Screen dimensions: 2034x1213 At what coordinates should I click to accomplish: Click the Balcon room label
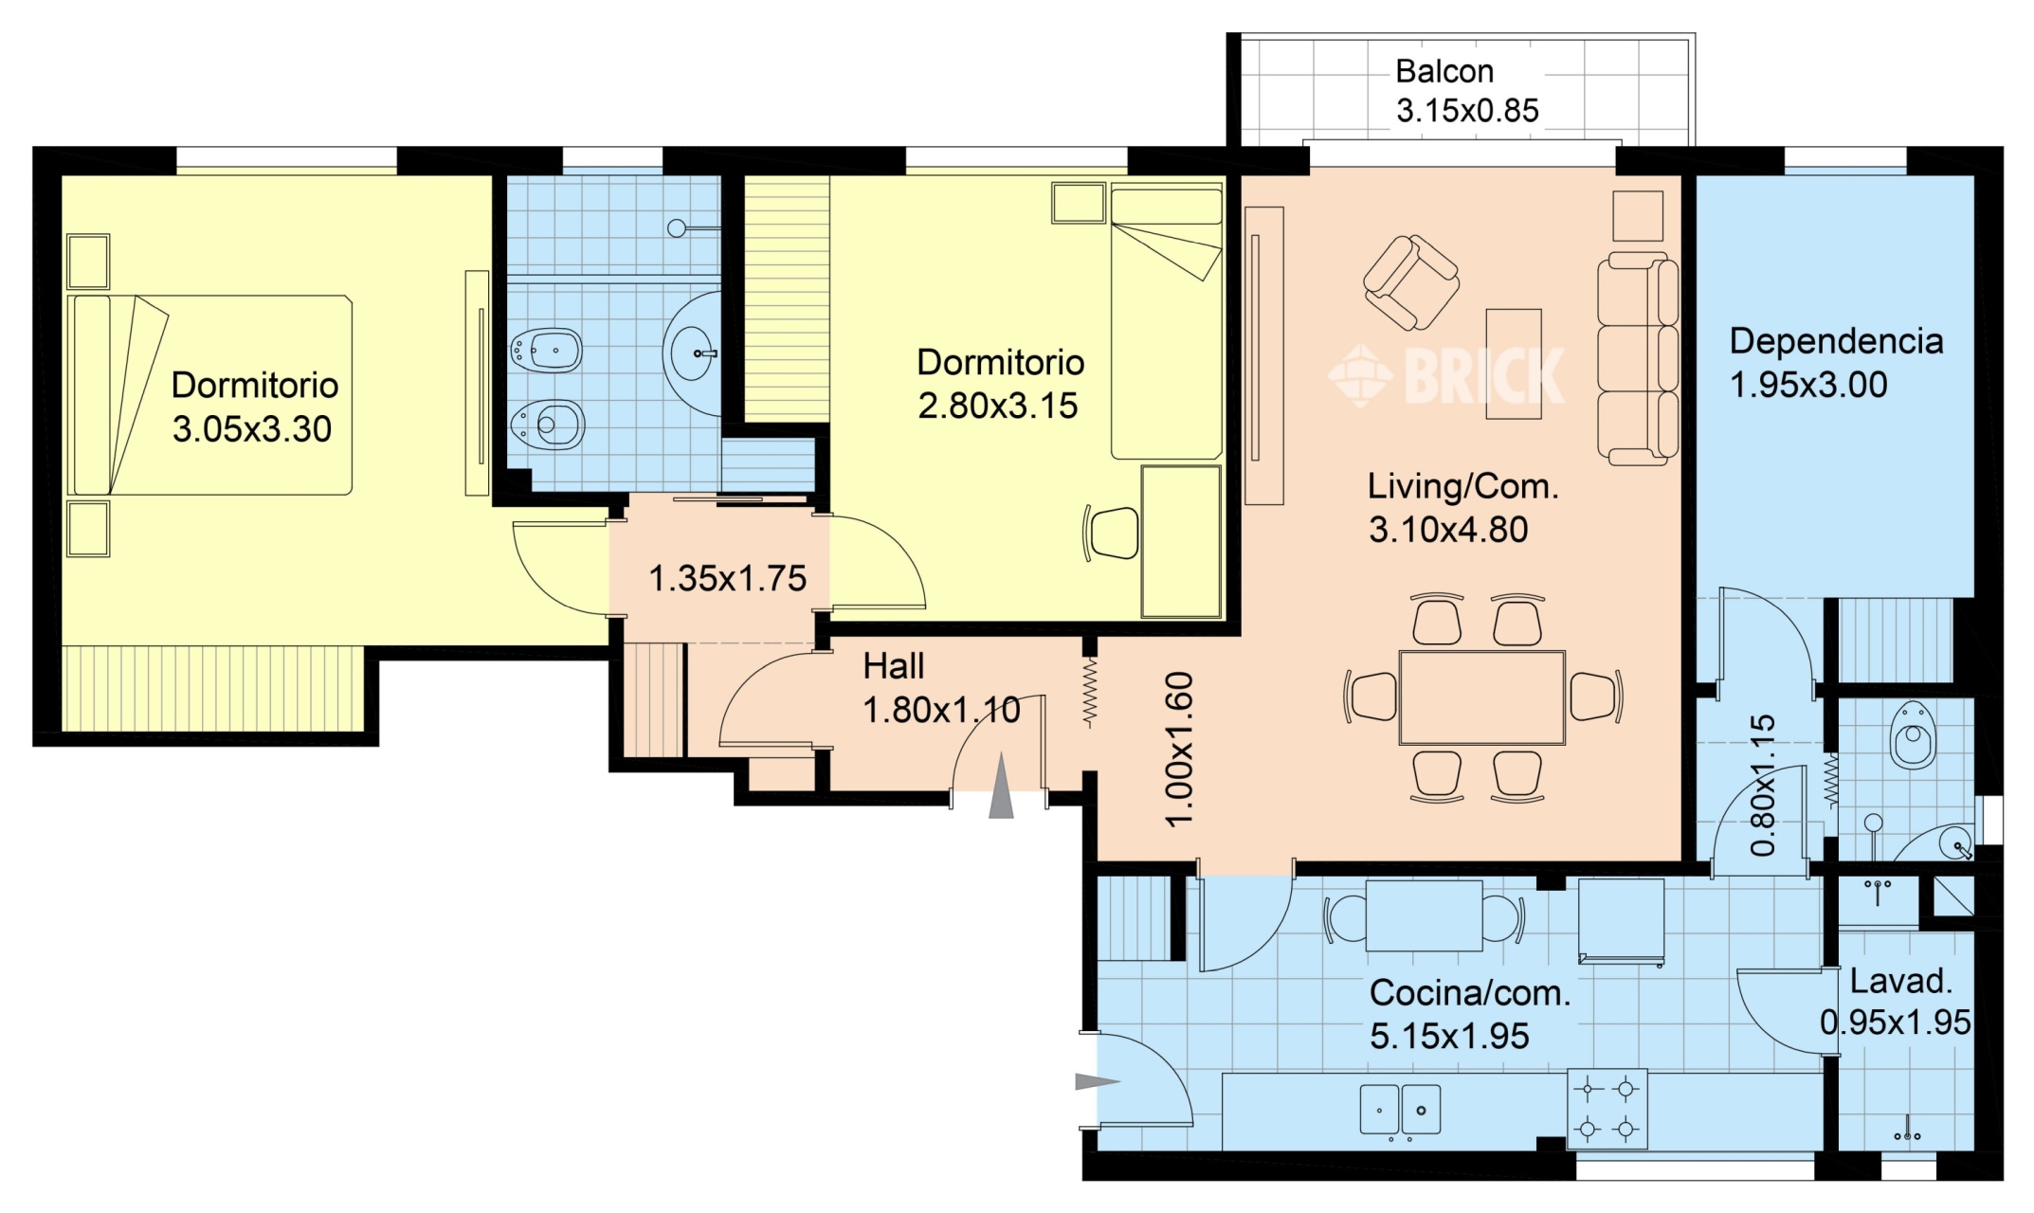tap(1444, 72)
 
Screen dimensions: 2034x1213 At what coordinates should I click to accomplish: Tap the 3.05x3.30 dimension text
tap(252, 429)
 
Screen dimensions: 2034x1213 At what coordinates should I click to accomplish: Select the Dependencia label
tap(1836, 341)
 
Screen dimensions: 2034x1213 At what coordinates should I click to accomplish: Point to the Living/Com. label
tap(1462, 487)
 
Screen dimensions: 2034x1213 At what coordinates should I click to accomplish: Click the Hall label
tap(893, 666)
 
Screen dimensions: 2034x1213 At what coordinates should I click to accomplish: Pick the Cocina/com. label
tap(1470, 993)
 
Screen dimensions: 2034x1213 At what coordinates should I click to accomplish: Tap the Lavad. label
tap(1900, 981)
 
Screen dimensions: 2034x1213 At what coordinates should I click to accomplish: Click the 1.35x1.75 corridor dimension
tap(727, 578)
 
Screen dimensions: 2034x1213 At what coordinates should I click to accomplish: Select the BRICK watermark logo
tap(1445, 375)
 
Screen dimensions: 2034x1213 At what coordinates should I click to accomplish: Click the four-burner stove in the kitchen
tap(1607, 1109)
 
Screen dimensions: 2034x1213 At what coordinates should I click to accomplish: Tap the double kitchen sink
tap(1400, 1109)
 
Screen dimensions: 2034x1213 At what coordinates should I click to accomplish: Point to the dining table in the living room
tap(1481, 697)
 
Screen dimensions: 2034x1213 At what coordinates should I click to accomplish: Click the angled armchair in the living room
tap(1410, 281)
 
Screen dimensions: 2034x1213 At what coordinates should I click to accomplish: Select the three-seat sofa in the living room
tap(1638, 359)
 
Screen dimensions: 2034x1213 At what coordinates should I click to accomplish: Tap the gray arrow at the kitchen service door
tap(1098, 1081)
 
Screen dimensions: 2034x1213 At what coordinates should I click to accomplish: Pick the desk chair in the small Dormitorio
tap(1110, 534)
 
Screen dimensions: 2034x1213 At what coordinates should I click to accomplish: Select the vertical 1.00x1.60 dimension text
tap(1178, 749)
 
